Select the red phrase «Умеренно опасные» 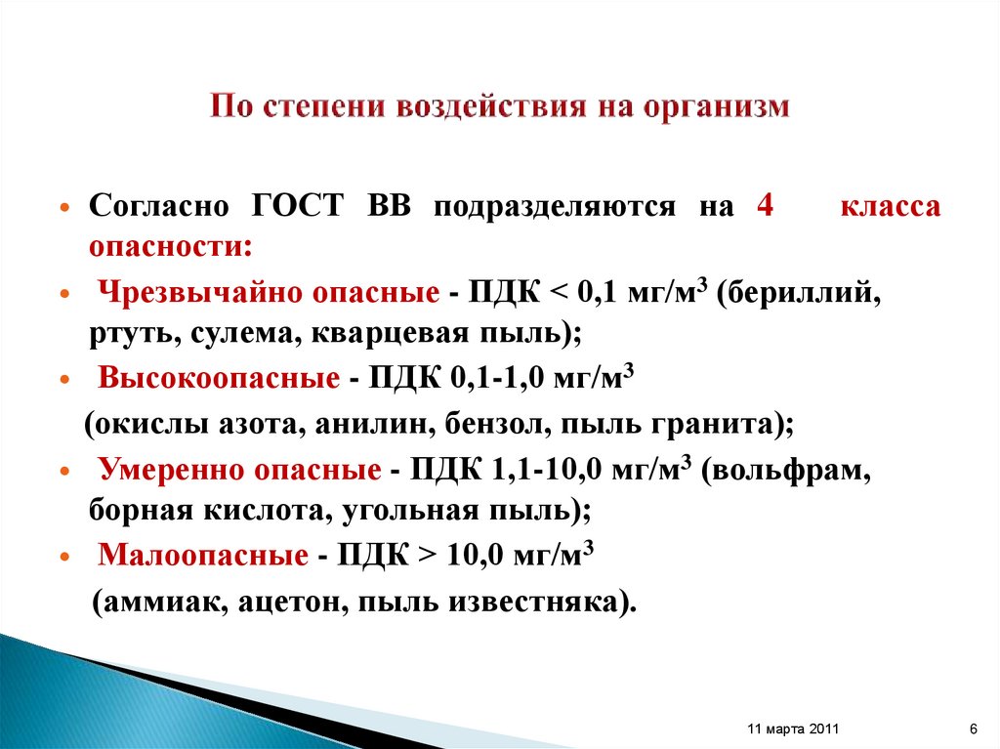[240, 470]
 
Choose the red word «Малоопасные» [203, 557]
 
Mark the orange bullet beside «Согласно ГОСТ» [64, 210]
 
